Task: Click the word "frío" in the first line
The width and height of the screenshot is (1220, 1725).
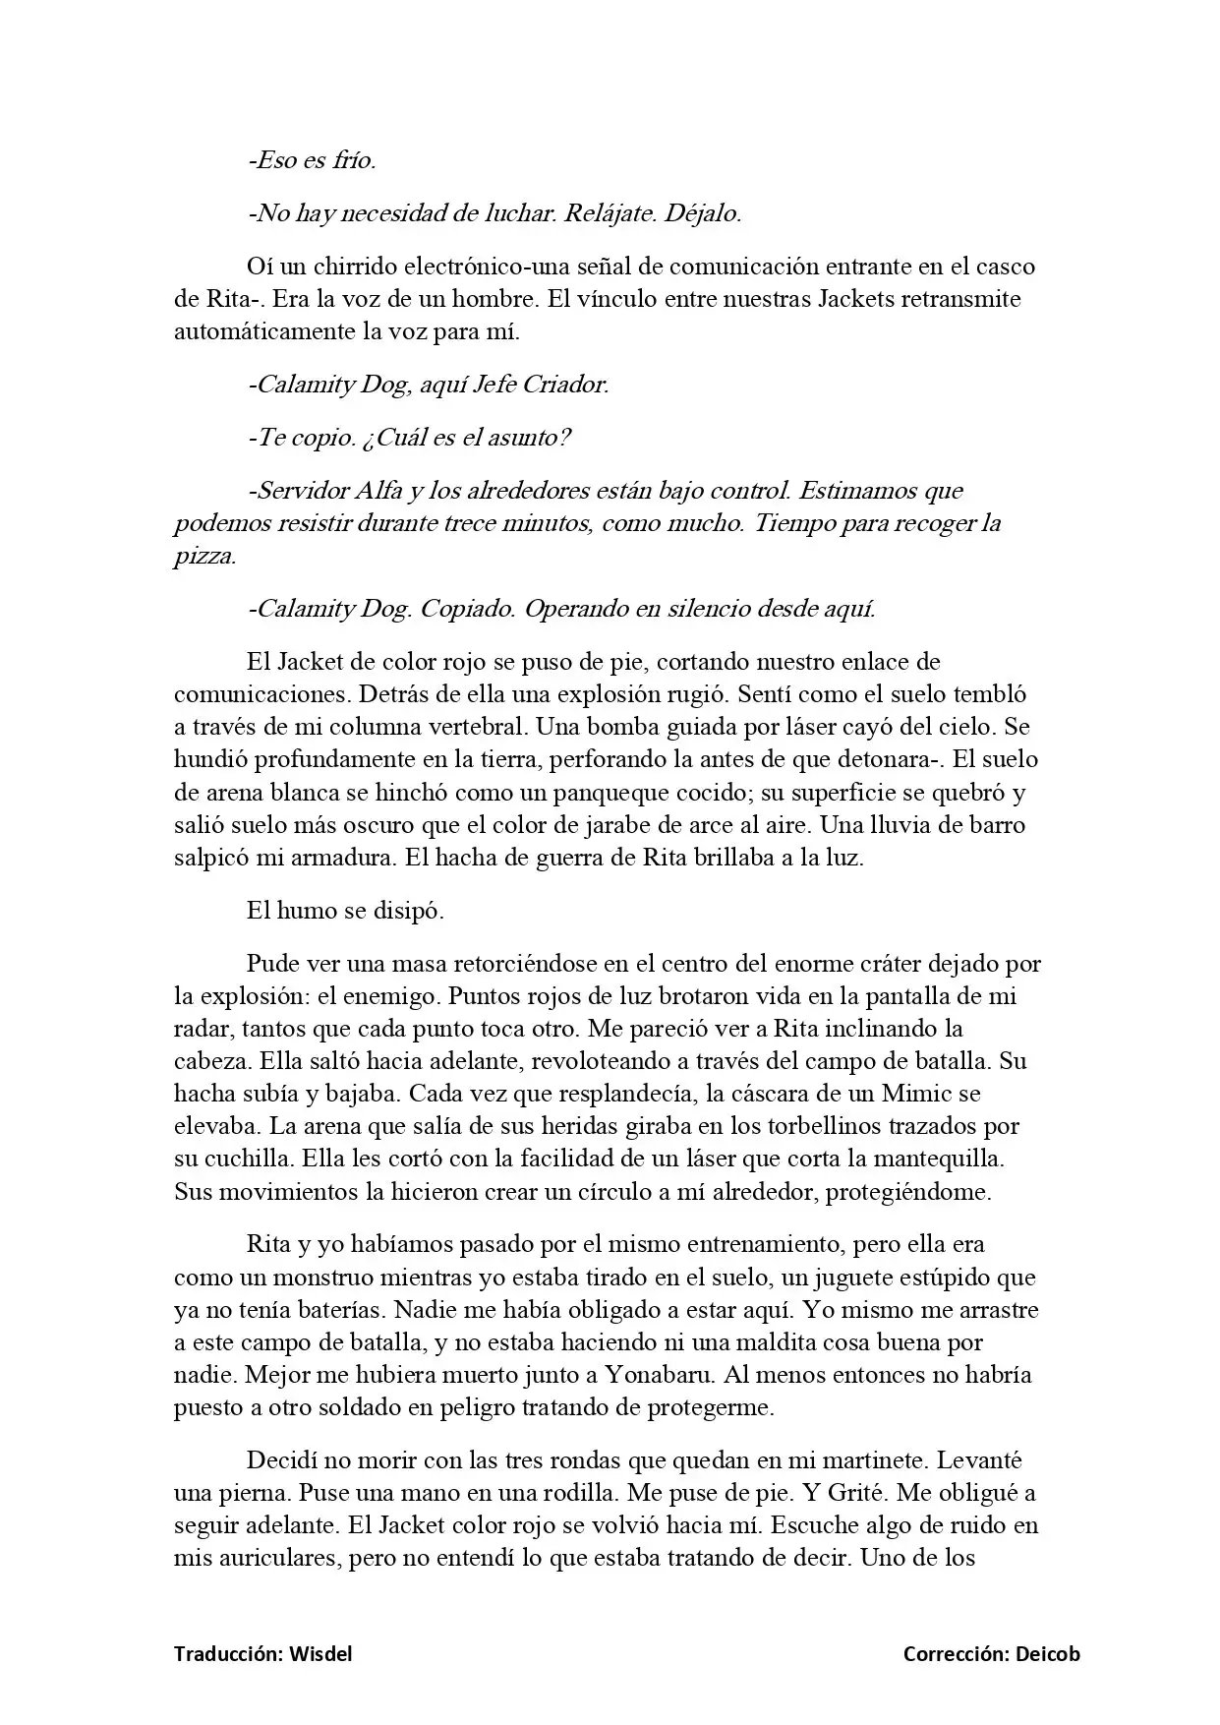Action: [x=354, y=160]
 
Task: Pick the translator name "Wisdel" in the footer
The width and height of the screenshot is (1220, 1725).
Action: [x=320, y=1654]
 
